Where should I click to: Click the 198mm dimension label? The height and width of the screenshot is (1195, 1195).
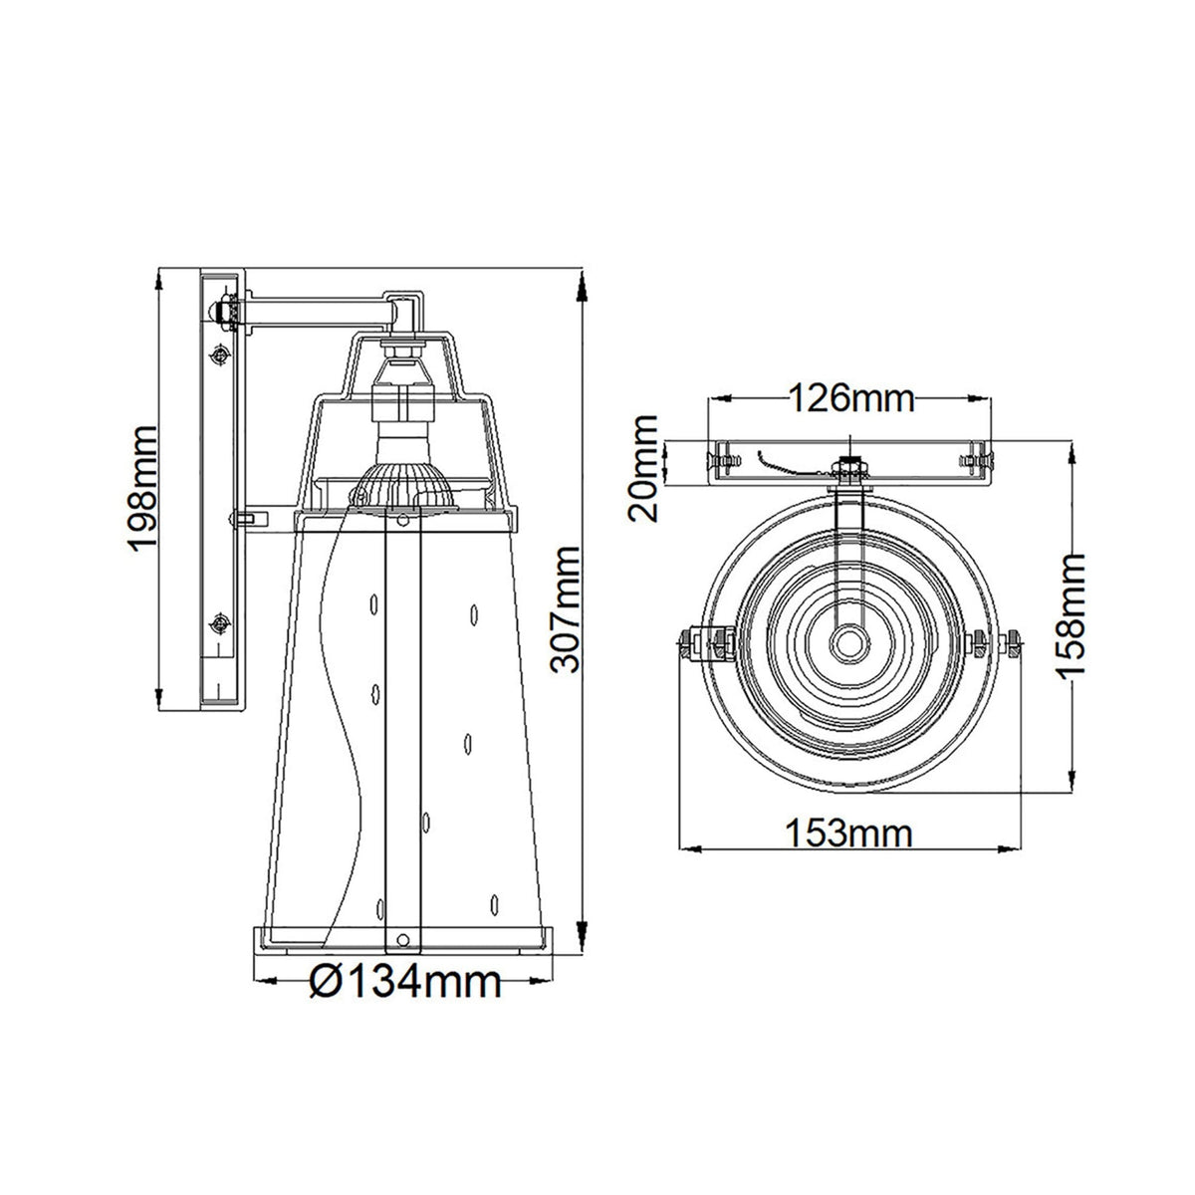[x=143, y=486]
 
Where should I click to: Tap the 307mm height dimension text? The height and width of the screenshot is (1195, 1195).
[x=565, y=609]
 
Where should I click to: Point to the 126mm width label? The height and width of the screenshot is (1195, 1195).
[x=850, y=398]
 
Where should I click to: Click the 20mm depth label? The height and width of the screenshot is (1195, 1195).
[x=642, y=468]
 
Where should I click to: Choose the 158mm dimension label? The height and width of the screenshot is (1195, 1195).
[x=1071, y=615]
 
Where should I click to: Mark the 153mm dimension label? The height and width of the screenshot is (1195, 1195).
[x=849, y=834]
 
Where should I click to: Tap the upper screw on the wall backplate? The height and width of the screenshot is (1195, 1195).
[x=219, y=356]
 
